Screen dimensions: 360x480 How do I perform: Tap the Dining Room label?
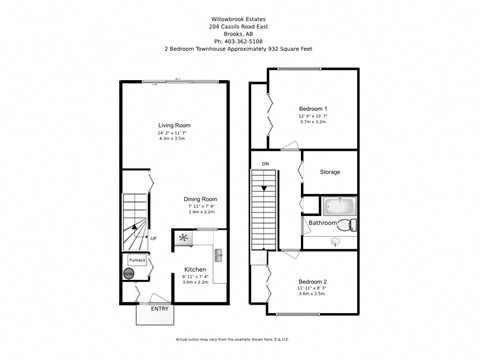pyautogui.click(x=202, y=198)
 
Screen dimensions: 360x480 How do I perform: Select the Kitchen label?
pyautogui.click(x=195, y=269)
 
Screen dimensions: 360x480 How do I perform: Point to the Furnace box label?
pyautogui.click(x=137, y=260)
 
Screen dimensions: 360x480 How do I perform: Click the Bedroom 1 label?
pyautogui.click(x=313, y=107)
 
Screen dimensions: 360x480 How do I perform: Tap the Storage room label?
pyautogui.click(x=330, y=172)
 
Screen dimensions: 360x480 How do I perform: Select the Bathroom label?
pyautogui.click(x=322, y=223)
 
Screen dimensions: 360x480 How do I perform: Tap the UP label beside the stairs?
pyautogui.click(x=153, y=238)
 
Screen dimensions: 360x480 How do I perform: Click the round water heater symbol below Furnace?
pyautogui.click(x=129, y=273)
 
